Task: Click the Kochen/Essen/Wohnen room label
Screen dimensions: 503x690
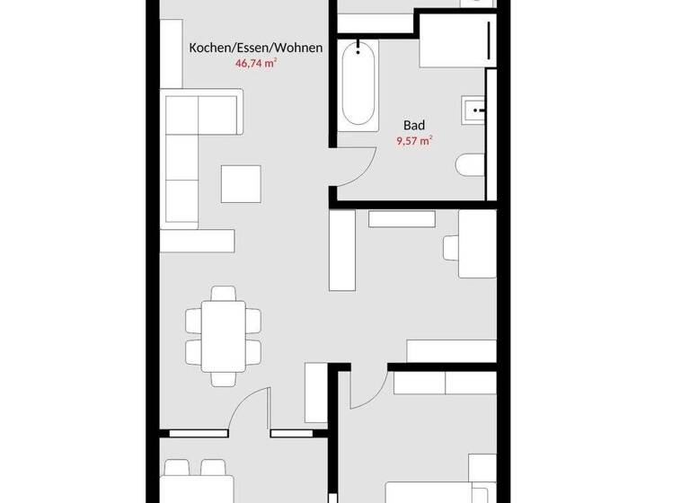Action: click(255, 48)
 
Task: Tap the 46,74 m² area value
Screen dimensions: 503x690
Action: click(255, 64)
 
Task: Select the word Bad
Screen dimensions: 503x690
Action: click(413, 126)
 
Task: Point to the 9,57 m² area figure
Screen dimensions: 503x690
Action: click(413, 141)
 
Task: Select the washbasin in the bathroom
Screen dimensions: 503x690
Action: click(473, 112)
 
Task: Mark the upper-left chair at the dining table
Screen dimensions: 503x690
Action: click(195, 319)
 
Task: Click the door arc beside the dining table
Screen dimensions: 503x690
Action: click(250, 409)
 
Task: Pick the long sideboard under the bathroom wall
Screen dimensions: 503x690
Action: click(401, 219)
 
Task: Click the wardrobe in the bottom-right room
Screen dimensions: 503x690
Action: click(445, 383)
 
